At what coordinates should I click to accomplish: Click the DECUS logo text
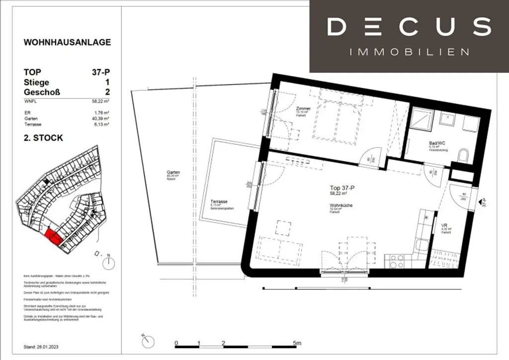pyautogui.click(x=409, y=27)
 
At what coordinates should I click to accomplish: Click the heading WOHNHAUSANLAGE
pyautogui.click(x=67, y=43)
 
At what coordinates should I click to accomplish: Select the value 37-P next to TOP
pyautogui.click(x=101, y=72)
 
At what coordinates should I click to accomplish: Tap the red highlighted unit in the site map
pyautogui.click(x=53, y=236)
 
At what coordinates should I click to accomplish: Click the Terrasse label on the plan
pyautogui.click(x=219, y=202)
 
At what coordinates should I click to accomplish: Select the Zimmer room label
pyautogui.click(x=303, y=108)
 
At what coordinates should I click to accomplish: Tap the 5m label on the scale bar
pyautogui.click(x=296, y=343)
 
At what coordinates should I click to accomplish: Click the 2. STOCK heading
pyautogui.click(x=43, y=138)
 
